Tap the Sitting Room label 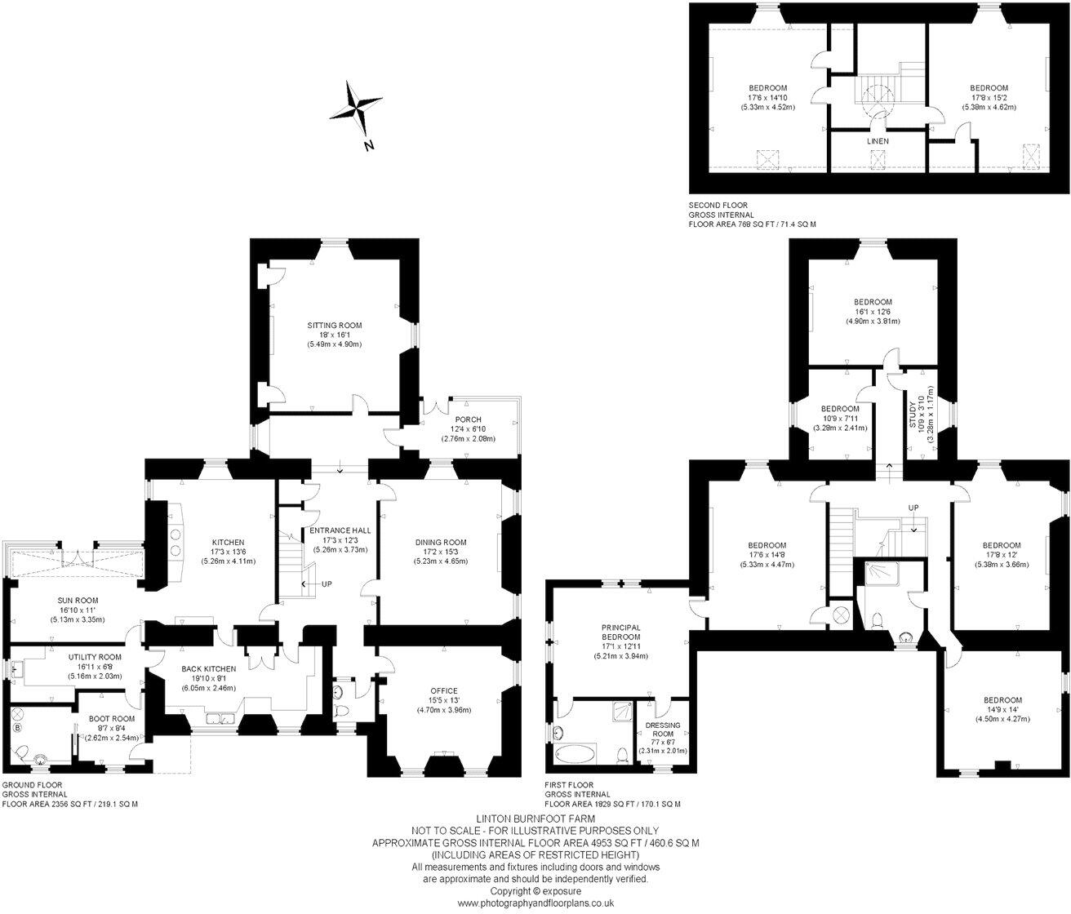pyautogui.click(x=334, y=326)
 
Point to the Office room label pyautogui.click(x=444, y=690)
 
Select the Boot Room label pyautogui.click(x=112, y=718)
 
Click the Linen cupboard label pyautogui.click(x=878, y=141)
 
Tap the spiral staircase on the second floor pyautogui.click(x=877, y=94)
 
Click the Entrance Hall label pyautogui.click(x=340, y=530)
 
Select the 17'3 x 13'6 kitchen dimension pyautogui.click(x=229, y=552)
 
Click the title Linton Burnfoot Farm pyautogui.click(x=535, y=818)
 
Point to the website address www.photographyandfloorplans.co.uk pyautogui.click(x=535, y=903)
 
